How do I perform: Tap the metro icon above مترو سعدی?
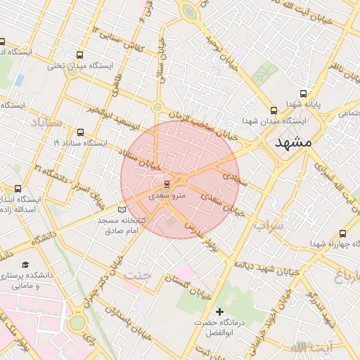point(167,184)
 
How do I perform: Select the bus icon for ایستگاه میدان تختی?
point(79,55)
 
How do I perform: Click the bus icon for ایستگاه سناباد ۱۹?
point(79,132)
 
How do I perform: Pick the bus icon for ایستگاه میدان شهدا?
point(274,110)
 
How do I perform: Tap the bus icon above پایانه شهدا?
point(303,94)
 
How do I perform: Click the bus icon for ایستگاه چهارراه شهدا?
point(342,233)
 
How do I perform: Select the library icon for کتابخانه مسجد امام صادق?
point(122,210)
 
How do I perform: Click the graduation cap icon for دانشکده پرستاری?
point(26,265)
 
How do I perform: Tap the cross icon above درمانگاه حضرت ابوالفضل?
point(220,311)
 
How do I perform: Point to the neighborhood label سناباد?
point(46,122)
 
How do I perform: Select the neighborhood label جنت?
point(138,274)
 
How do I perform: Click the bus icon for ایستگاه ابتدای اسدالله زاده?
point(18,188)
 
